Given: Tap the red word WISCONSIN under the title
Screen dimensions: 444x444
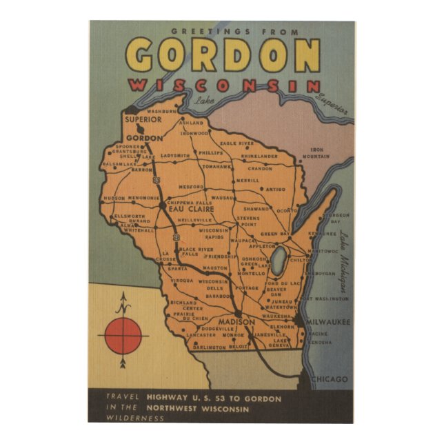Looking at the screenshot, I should [225, 86].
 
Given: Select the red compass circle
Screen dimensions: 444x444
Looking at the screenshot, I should [123, 336].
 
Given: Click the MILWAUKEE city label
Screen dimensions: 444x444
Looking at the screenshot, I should [328, 322].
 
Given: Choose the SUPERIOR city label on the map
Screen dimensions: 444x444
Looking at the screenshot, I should [143, 119].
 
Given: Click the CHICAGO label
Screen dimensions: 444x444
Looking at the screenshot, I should [330, 379].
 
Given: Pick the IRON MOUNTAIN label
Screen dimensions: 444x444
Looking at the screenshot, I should [321, 152].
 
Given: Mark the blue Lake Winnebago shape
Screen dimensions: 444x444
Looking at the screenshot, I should [279, 262].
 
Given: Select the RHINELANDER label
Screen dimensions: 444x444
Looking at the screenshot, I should [259, 157].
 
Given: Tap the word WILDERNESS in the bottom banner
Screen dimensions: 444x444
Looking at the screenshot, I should [125, 417].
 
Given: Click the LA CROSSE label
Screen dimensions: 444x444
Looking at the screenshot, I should [165, 257].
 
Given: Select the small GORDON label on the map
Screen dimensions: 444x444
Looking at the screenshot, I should [145, 137].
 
